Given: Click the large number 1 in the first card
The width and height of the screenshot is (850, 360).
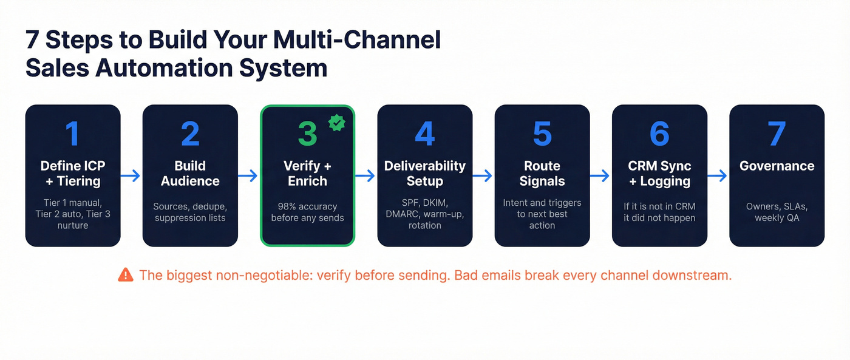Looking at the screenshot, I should tap(72, 134).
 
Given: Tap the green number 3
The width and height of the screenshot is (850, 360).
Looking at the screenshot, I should tap(307, 134).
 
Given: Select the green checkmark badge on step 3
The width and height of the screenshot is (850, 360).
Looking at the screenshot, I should tap(336, 123).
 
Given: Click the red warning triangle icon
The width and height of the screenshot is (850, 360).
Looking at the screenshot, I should tap(126, 275).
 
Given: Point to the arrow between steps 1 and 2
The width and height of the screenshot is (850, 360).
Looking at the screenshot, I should tap(131, 176).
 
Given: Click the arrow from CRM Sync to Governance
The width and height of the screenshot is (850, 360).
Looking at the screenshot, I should tap(717, 176).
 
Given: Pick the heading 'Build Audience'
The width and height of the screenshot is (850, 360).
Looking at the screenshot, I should tap(190, 174).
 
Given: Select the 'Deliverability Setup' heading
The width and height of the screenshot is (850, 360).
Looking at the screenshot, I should tap(424, 174).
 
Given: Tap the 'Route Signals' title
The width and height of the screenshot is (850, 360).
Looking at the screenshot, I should tap(542, 174).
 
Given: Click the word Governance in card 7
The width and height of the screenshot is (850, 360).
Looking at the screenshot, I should tap(777, 166).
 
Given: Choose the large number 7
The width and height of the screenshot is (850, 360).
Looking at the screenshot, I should tap(777, 134).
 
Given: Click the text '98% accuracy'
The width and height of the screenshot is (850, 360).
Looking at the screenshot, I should tap(307, 206).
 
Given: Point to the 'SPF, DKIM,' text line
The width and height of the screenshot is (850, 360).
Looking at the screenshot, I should tap(424, 203).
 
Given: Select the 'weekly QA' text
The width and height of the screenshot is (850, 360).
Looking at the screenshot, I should tap(777, 218).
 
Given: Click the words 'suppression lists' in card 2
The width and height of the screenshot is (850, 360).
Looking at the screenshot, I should tap(190, 218).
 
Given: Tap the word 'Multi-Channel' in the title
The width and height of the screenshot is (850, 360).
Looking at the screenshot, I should tap(357, 40).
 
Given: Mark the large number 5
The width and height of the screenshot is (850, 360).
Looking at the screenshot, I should tap(542, 134).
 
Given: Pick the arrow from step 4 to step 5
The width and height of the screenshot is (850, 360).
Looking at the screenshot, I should tap(483, 176).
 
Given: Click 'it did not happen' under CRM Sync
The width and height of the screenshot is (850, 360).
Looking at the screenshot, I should tap(659, 218).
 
